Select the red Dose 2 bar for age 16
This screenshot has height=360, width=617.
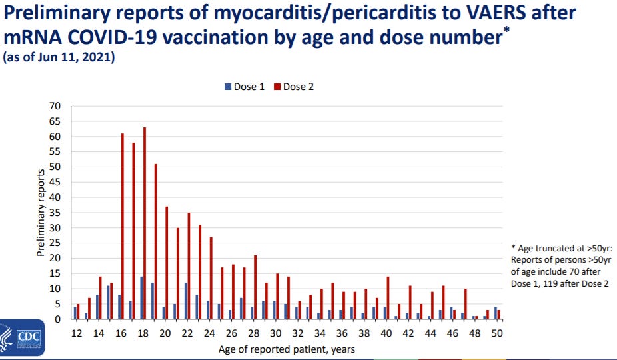(x=123, y=227)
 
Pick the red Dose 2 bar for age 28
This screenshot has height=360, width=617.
(x=255, y=287)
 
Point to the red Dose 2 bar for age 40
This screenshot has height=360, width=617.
(x=388, y=298)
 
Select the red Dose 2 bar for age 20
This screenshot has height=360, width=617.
(x=167, y=263)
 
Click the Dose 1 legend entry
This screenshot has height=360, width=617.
(x=245, y=87)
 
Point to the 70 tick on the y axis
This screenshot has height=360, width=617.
(x=55, y=106)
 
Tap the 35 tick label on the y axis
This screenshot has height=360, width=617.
(x=55, y=213)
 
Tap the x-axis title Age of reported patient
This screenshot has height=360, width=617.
(x=287, y=349)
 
